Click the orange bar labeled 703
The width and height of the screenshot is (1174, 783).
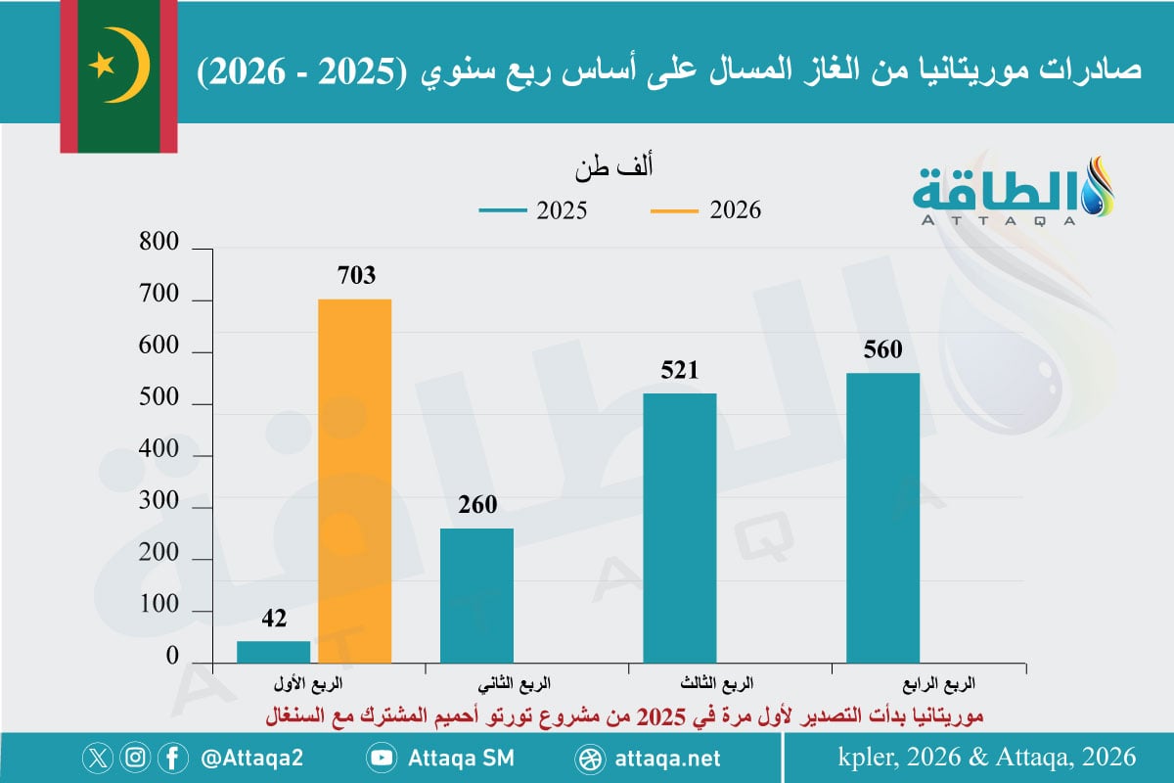[x=355, y=482]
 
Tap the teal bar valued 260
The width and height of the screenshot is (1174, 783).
[x=476, y=596]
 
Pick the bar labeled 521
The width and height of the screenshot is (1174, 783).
[x=680, y=529]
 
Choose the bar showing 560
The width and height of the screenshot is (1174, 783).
[x=882, y=519]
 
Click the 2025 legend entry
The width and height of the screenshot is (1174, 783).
[x=533, y=210]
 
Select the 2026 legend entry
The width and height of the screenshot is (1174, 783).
[x=705, y=210]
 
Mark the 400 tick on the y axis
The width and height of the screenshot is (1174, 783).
[x=160, y=451]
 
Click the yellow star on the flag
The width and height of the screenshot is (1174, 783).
[x=101, y=66]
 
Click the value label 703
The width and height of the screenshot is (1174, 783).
[x=356, y=277]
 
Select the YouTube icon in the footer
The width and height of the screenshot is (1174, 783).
[x=383, y=758]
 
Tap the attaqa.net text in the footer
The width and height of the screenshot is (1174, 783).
[x=670, y=759]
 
